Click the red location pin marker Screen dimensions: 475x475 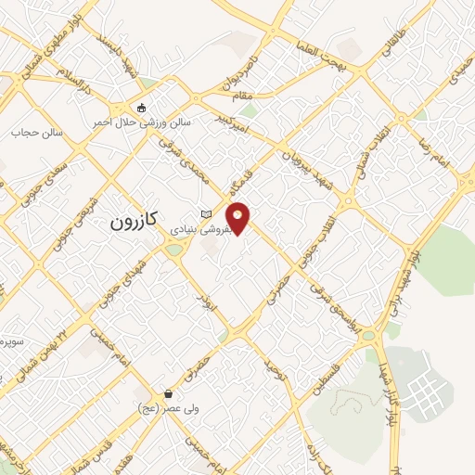coord(238,218)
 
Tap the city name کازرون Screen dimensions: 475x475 coord(137,223)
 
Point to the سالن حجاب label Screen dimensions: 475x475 coord(37,133)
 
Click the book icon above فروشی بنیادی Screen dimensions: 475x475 coord(205,214)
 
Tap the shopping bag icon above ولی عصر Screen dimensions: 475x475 coord(167,393)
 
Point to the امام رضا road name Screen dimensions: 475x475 coord(436,153)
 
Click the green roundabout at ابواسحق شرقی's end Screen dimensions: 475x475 coord(368,335)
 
